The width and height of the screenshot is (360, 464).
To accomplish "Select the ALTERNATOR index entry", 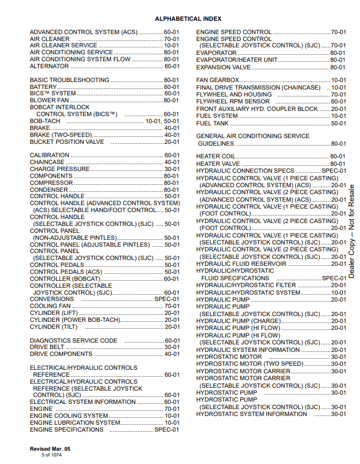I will point(49,66).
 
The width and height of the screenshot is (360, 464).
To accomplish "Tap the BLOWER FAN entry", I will point(49,101).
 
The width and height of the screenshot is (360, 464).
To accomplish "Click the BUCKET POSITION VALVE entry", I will point(67,142).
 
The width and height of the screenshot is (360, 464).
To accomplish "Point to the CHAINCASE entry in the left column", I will point(47,162).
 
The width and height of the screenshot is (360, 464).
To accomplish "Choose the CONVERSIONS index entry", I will point(51,299).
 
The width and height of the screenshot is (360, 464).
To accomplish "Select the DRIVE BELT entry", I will point(47,347).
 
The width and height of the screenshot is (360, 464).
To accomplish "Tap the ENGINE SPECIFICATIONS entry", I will point(66,430).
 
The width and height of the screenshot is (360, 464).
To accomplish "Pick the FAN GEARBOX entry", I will point(218,80).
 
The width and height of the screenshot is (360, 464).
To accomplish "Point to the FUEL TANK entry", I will point(212,123).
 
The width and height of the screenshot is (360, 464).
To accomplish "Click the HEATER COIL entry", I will point(216,157).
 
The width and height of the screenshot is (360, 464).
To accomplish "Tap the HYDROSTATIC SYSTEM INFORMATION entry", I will point(251,414).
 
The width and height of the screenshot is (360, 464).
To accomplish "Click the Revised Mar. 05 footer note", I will point(50,449).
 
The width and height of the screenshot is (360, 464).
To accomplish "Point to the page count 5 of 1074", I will point(51,455).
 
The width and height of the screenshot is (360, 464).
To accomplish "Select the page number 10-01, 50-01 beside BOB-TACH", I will point(162,121).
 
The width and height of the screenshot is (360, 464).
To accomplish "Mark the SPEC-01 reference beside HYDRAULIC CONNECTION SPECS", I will point(334,171).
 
